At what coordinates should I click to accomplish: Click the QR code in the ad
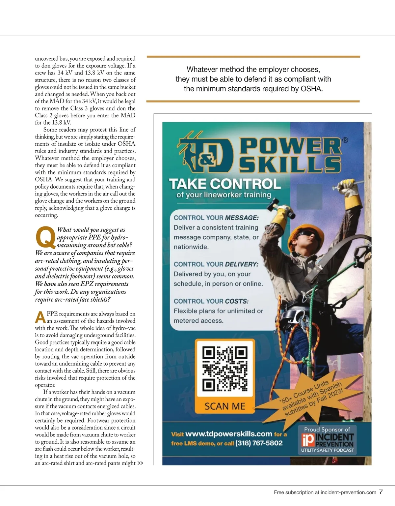click(x=225, y=368)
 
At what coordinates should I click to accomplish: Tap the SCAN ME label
click(x=225, y=406)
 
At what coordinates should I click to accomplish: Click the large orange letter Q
click(x=45, y=237)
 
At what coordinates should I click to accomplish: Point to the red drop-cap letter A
click(x=40, y=317)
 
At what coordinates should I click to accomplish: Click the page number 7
click(x=381, y=492)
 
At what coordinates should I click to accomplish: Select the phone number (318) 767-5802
click(x=259, y=443)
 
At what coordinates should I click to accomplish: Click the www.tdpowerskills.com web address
click(x=228, y=434)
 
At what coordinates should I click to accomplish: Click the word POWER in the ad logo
click(x=290, y=146)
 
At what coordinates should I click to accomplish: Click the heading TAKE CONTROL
click(x=225, y=184)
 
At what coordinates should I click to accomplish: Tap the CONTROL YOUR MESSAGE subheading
click(x=216, y=218)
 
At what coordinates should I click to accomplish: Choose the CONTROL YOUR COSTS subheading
click(x=211, y=301)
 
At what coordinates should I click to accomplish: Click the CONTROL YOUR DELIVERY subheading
click(x=216, y=264)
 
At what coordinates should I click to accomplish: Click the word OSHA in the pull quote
click(x=311, y=89)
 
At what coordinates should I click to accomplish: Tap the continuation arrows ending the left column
click(x=140, y=463)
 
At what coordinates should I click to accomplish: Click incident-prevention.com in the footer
click(x=348, y=492)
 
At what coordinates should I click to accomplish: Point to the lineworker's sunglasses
click(x=307, y=235)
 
